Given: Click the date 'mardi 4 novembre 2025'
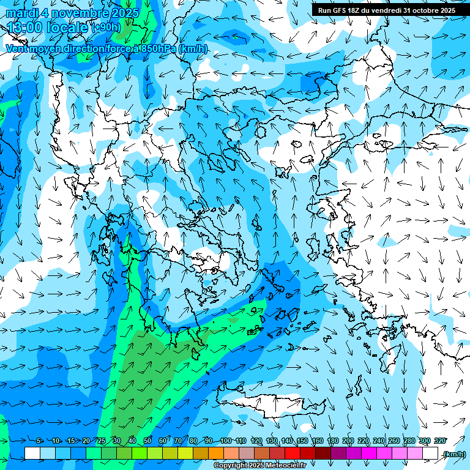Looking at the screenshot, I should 72,13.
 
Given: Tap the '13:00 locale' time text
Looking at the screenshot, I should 48,27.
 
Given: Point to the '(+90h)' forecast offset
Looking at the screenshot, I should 106,28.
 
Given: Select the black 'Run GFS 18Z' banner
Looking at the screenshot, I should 386,10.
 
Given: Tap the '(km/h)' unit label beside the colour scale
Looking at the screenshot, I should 454,453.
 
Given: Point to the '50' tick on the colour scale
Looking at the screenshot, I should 147,441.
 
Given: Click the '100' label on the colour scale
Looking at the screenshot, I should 225,441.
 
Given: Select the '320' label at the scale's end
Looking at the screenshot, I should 439,441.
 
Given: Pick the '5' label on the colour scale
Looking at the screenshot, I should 39,441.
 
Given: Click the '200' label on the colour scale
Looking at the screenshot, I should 348,441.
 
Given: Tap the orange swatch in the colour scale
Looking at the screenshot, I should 216,453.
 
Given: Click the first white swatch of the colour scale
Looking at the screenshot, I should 32,453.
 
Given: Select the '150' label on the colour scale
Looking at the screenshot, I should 302,441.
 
